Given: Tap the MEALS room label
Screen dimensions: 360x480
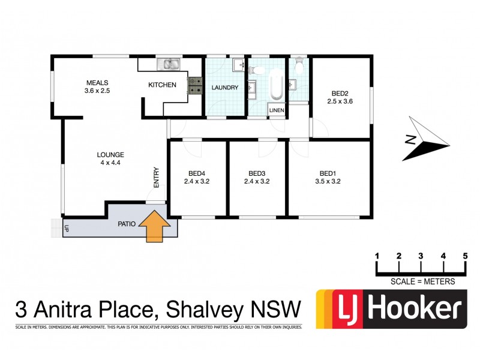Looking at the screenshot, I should click(98, 82).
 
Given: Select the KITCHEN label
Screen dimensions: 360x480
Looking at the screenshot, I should click(163, 85).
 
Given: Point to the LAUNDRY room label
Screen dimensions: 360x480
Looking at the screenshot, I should click(225, 88).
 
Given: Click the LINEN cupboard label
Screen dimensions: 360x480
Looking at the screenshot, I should click(276, 110).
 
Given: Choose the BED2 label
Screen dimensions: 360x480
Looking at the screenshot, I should click(340, 93).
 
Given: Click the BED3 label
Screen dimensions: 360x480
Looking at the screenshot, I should click(257, 172).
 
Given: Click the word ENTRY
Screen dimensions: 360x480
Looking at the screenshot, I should click(157, 177).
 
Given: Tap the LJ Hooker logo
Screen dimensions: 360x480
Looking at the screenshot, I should click(391, 310).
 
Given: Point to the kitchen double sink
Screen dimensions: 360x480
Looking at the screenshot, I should click(169, 63).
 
